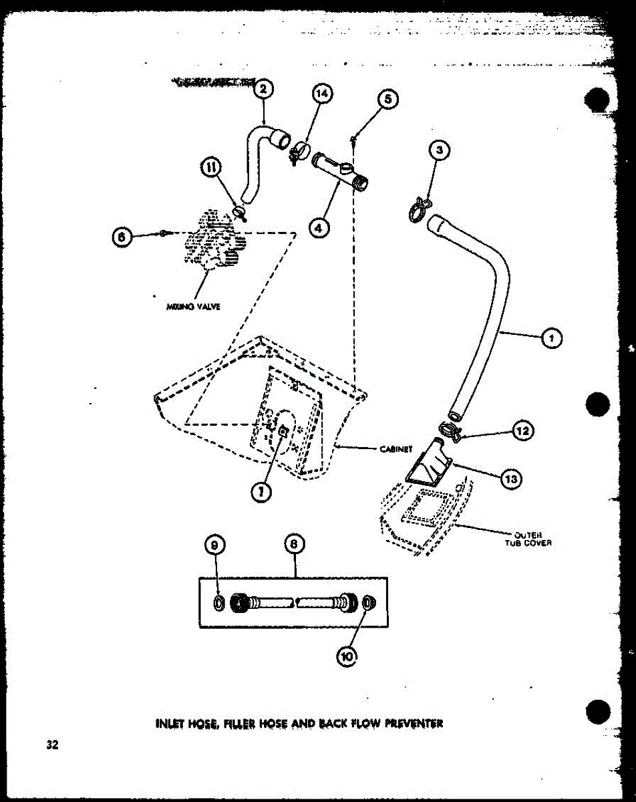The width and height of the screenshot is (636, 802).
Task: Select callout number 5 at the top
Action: pos(387,100)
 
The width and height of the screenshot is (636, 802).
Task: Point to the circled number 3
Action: pos(438,151)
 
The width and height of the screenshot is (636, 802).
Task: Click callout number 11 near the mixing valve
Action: pos(213,169)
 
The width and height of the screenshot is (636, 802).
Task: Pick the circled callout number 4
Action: pos(321,227)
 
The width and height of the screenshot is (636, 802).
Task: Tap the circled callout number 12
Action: pos(522,432)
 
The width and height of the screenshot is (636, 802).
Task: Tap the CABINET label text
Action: pos(394,449)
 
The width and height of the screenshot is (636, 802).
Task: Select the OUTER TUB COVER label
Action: pos(532,538)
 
